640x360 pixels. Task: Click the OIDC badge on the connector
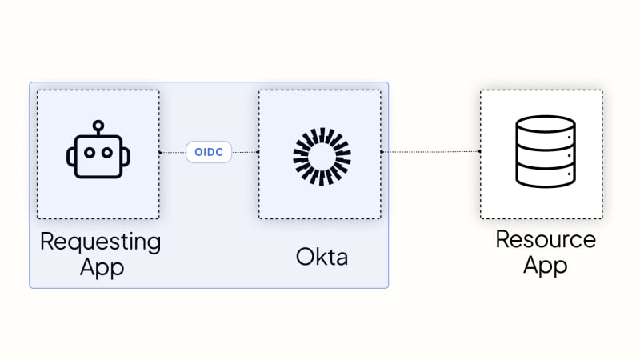[209, 152]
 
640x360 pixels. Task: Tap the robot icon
[98, 150]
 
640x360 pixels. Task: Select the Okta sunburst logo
[322, 157]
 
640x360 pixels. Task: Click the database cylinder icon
[546, 151]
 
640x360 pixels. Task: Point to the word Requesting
[101, 242]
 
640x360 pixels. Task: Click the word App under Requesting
[102, 267]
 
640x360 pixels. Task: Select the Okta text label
[322, 257]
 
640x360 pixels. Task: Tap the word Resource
[546, 239]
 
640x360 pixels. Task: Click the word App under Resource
[546, 266]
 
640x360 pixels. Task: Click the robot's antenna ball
[98, 126]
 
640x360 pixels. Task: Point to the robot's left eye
[90, 153]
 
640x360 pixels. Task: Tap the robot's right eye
[107, 153]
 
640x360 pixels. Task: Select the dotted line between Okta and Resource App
[430, 152]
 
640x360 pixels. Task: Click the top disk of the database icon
[546, 124]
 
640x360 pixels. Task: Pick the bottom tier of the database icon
[546, 176]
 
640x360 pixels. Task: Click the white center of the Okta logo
[322, 157]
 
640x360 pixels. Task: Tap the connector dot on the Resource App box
[479, 151]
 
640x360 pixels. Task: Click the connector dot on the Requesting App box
[160, 152]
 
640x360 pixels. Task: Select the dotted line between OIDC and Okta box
[246, 152]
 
